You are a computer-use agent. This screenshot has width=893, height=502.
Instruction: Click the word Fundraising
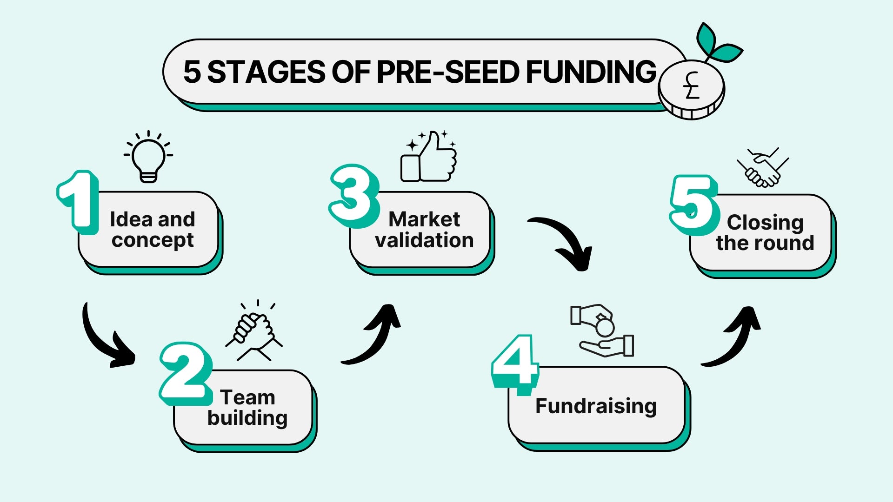[596, 406]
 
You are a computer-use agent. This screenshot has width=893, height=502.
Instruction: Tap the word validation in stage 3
[424, 240]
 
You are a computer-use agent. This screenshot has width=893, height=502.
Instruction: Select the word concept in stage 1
[153, 240]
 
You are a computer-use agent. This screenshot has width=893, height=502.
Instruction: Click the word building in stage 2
[247, 418]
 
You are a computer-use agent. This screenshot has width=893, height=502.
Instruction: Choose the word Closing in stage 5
[765, 222]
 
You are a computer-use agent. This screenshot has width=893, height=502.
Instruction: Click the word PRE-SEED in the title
[447, 72]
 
